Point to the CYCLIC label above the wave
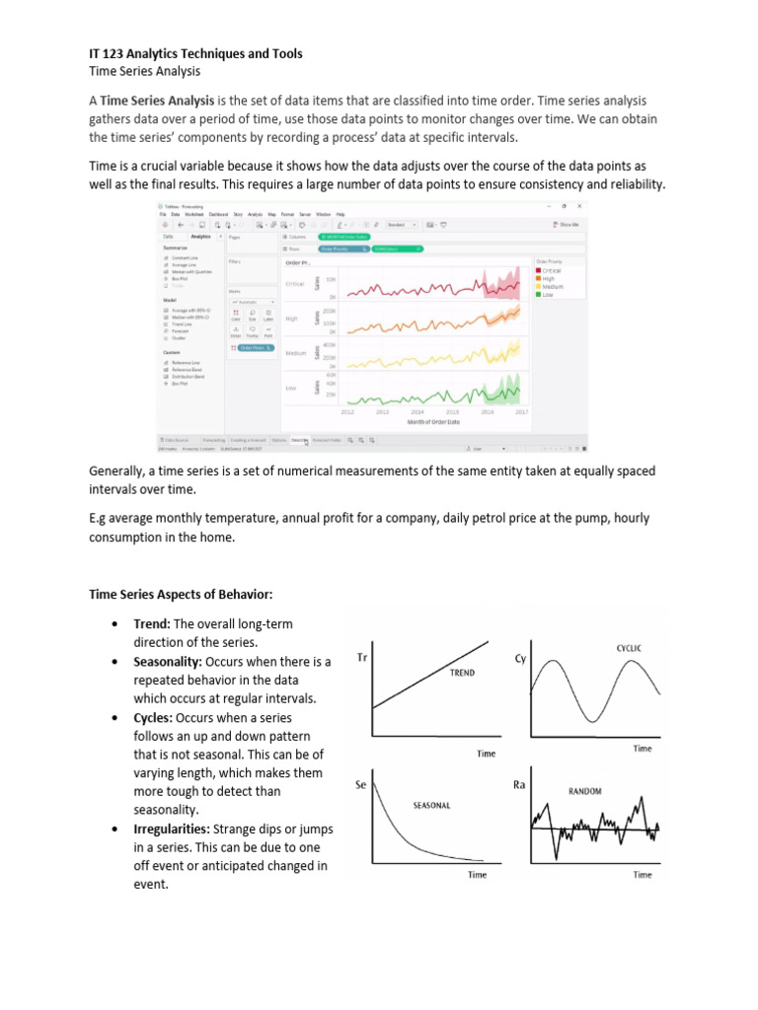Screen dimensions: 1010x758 (x=629, y=648)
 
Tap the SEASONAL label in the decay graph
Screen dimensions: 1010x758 (x=431, y=806)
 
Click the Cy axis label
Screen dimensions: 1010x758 (x=520, y=658)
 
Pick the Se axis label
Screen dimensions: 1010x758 (x=361, y=786)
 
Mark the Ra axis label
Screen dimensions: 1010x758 (x=520, y=784)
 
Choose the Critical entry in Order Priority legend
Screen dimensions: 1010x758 (x=551, y=269)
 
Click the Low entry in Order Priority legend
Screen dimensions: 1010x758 (x=547, y=293)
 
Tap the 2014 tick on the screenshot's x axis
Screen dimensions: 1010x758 (x=417, y=412)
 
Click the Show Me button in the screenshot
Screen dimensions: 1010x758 (x=568, y=224)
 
